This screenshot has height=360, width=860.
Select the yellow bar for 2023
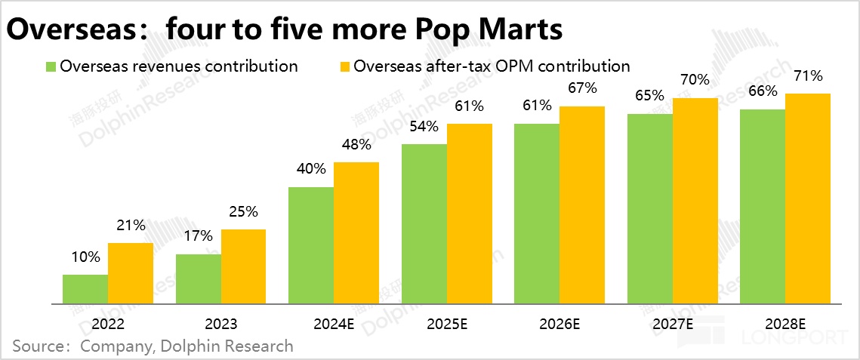[243, 266]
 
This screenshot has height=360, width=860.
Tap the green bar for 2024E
[311, 245]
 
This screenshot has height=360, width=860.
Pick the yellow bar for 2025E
[470, 214]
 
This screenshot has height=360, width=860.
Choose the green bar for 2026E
[537, 214]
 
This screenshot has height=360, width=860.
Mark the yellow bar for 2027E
[695, 201]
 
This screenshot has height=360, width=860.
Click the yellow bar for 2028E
[808, 198]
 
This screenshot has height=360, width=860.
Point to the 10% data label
[85, 257]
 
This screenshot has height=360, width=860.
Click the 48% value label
[356, 144]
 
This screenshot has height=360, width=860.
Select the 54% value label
[424, 126]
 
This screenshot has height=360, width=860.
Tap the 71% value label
[808, 75]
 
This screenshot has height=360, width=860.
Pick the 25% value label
[243, 211]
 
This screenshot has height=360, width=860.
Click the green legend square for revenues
[51, 66]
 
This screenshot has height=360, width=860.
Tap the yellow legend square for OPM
[344, 66]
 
